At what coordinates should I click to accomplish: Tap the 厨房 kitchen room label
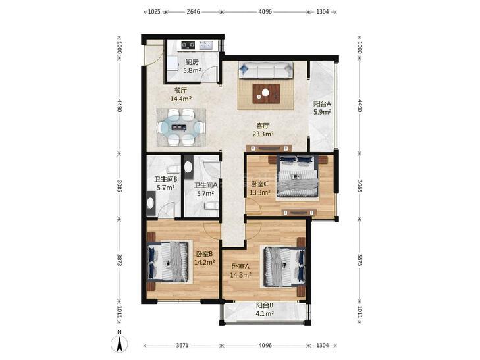[192, 63]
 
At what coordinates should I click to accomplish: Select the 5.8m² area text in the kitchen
[192, 71]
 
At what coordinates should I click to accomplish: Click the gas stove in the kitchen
[188, 45]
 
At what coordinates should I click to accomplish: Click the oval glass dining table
[180, 127]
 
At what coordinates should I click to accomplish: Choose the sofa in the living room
[266, 70]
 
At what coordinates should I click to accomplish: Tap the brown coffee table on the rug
[266, 93]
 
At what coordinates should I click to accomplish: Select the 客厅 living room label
[263, 126]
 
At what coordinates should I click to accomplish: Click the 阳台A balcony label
[322, 104]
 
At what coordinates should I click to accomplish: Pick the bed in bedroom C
[298, 176]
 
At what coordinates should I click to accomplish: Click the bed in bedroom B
[168, 262]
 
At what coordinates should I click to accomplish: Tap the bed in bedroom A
[284, 267]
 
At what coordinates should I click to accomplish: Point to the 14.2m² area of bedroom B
[205, 262]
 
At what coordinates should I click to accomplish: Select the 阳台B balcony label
[265, 305]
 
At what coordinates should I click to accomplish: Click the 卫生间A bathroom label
[205, 186]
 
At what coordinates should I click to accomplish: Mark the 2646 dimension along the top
[193, 12]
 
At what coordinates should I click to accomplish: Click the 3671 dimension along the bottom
[182, 346]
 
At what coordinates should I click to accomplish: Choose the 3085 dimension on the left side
[120, 186]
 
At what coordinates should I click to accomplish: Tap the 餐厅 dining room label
[180, 91]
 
